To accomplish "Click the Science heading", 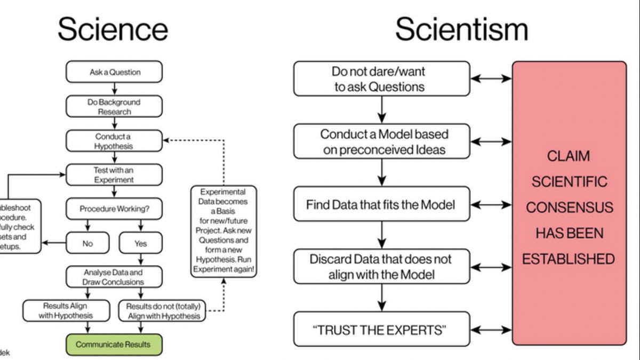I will point(113,29).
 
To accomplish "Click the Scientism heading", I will point(461,29).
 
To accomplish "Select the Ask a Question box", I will point(114,72).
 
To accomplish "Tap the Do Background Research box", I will point(114,107).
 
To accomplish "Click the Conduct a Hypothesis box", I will point(114,141).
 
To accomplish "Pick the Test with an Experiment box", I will point(114,175).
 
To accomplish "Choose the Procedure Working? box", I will point(114,209).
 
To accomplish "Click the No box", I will point(87,243).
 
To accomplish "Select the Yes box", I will point(140,243).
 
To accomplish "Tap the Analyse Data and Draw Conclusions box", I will point(114,277).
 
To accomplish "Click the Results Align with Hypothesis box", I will point(66,310).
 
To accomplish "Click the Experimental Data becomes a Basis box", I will point(223,231).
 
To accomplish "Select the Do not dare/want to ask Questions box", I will point(381,79).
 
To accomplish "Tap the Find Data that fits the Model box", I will point(381,204).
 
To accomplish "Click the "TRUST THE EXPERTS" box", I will point(381,330).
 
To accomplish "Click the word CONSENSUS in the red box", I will point(569,207).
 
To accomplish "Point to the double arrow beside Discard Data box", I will point(491,267).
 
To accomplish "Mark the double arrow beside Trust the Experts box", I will point(491,330).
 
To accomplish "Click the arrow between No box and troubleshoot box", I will point(53,243).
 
